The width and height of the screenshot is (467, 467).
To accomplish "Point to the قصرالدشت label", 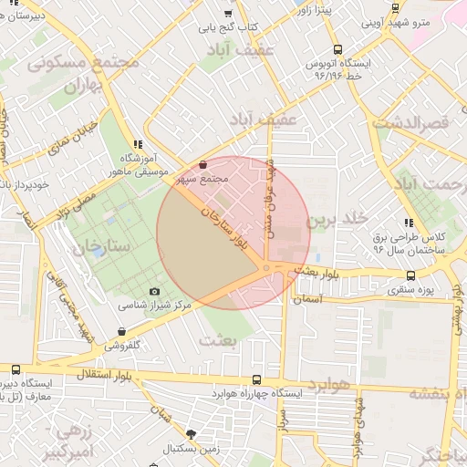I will [424, 120].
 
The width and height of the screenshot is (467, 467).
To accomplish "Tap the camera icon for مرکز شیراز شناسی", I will [154, 292].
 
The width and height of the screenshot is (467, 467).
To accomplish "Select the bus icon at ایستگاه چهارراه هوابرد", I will [256, 379].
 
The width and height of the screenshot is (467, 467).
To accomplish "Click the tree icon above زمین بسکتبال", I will [191, 434].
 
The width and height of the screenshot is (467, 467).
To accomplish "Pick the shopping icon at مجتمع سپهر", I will [202, 165].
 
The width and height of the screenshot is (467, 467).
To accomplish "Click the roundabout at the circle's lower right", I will [266, 267].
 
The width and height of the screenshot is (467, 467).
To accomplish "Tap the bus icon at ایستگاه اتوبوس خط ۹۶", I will [338, 50].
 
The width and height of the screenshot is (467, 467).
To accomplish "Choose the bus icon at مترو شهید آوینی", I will [395, 8].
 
